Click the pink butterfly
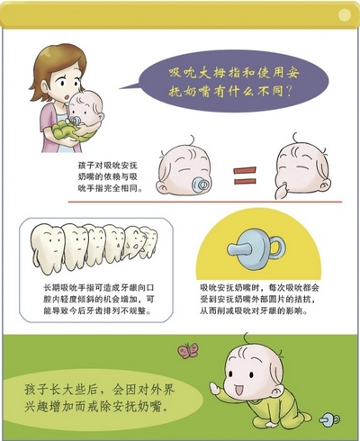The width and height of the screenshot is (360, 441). (188, 351)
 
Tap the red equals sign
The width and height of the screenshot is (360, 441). (245, 175)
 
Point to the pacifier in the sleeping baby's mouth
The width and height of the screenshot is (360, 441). (201, 184)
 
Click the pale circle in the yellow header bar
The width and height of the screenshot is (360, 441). (344, 14)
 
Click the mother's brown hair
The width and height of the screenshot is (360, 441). (58, 65)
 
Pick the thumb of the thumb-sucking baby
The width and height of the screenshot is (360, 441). (282, 192)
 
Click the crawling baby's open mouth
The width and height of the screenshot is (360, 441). (239, 391)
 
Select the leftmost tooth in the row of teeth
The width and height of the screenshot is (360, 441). (48, 248)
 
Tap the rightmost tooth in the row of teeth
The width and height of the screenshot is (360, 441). (150, 243)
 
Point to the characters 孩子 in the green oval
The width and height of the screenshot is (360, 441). (36, 390)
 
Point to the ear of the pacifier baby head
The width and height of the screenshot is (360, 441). (162, 188)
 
